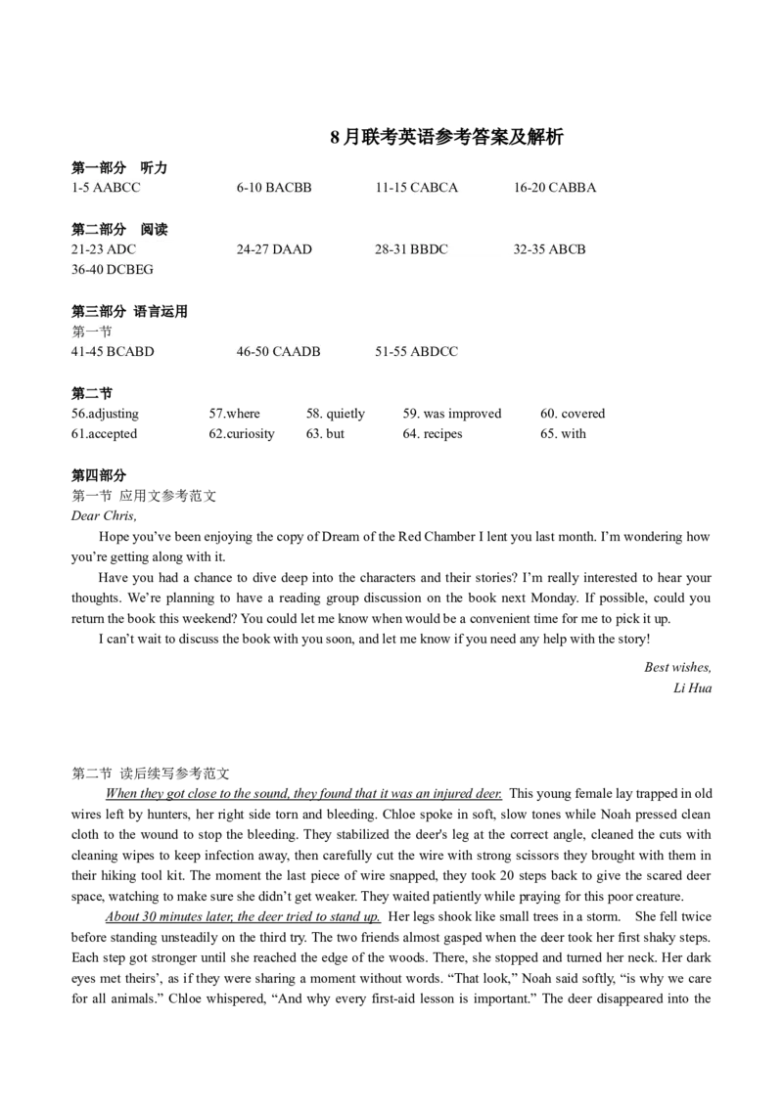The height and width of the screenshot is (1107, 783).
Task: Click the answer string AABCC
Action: [116, 188]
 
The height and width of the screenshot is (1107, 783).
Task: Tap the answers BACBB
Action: [289, 188]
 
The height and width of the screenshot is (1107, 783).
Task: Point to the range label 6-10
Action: [250, 188]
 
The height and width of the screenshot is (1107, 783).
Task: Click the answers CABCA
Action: [434, 188]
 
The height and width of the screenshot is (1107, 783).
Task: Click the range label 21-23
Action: [87, 249]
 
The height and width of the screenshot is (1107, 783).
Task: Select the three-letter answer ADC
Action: [121, 249]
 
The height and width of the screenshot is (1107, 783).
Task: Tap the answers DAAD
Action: [292, 249]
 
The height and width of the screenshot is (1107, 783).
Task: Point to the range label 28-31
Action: [391, 249]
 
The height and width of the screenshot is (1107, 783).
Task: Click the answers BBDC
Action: [429, 249]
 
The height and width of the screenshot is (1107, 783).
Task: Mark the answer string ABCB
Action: [567, 249]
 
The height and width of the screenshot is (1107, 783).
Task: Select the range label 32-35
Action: [530, 249]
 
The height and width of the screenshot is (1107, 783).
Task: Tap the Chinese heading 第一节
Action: [92, 332]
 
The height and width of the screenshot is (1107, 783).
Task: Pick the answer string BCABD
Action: [130, 352]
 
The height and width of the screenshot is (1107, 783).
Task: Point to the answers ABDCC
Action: [435, 352]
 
